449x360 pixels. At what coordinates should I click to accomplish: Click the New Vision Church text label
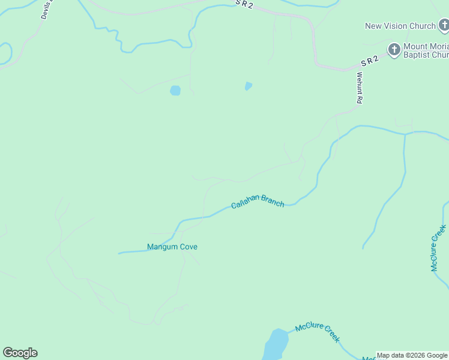pyautogui.click(x=400, y=26)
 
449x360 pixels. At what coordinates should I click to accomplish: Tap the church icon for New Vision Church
pyautogui.click(x=443, y=26)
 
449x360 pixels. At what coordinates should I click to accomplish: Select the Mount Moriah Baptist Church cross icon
pyautogui.click(x=394, y=49)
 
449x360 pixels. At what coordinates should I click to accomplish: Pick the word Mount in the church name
pyautogui.click(x=416, y=46)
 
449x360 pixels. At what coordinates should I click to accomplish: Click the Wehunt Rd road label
pyautogui.click(x=359, y=88)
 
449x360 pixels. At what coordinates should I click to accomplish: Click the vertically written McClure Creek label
pyautogui.click(x=438, y=248)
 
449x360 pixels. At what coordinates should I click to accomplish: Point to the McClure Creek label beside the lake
pyautogui.click(x=318, y=332)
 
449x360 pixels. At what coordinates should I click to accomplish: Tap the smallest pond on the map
pyautogui.click(x=248, y=86)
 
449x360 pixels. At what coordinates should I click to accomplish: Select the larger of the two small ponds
pyautogui.click(x=175, y=91)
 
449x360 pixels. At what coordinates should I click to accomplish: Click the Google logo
pyautogui.click(x=20, y=353)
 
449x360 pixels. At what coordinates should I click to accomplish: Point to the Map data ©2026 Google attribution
pyautogui.click(x=412, y=355)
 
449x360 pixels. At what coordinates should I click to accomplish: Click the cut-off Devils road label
pyautogui.click(x=46, y=10)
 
